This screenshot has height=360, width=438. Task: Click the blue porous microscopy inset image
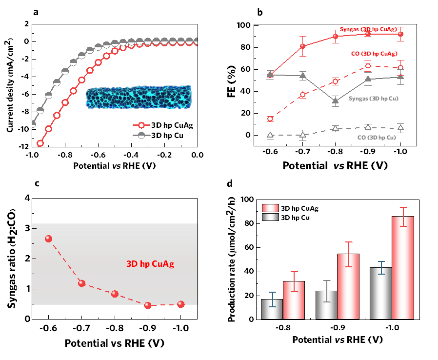(x=139, y=97)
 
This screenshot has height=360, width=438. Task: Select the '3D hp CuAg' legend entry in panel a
(x=163, y=125)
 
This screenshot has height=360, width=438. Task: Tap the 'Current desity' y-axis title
(x=11, y=86)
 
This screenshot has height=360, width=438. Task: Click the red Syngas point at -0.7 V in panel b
(x=303, y=46)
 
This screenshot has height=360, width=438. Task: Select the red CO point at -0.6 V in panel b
(x=270, y=119)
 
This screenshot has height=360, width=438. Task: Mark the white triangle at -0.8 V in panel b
(x=335, y=128)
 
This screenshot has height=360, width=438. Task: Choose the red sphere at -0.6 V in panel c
(x=48, y=239)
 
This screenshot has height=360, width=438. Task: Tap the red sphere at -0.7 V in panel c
(x=81, y=283)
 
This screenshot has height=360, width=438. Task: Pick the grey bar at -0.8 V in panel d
(x=272, y=309)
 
